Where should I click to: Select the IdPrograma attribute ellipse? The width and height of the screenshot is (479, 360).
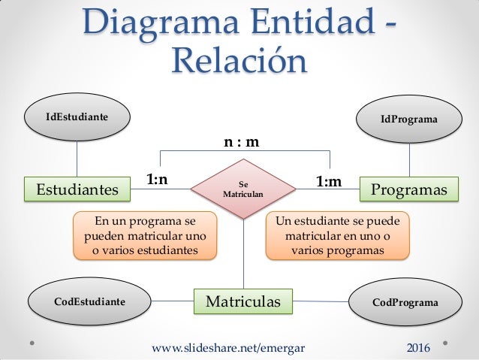pyautogui.click(x=409, y=119)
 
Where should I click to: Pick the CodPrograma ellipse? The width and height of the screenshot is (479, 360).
pyautogui.click(x=405, y=303)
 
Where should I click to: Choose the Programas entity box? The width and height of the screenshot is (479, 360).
pyautogui.click(x=409, y=189)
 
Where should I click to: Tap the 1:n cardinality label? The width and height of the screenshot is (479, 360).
pyautogui.click(x=157, y=180)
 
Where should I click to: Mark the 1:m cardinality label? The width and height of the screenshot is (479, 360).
pyautogui.click(x=328, y=181)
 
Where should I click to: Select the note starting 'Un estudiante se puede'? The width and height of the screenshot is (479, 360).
pyautogui.click(x=338, y=235)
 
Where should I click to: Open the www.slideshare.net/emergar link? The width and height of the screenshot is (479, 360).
pyautogui.click(x=234, y=348)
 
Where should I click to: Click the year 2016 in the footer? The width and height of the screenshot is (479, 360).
pyautogui.click(x=418, y=348)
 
